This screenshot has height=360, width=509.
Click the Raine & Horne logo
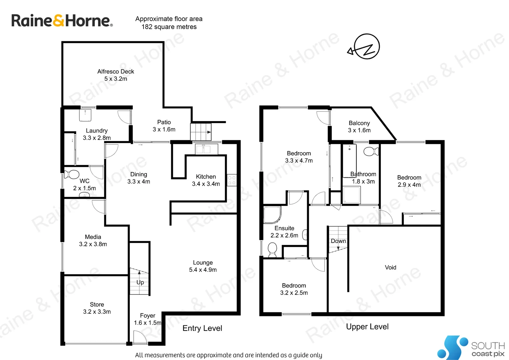pyautogui.click(x=62, y=21)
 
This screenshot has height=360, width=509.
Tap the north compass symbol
pyautogui.click(x=366, y=47)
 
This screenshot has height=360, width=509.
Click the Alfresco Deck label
pyautogui.click(x=116, y=72)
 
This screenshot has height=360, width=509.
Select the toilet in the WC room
pyautogui.click(x=72, y=174)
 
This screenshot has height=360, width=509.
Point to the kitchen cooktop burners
pyautogui.click(x=232, y=180)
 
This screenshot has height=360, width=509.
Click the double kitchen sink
pyautogui.click(x=206, y=149)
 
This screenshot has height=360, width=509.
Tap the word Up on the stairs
pyautogui.click(x=140, y=282)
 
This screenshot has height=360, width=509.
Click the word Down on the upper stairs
pyautogui.click(x=338, y=241)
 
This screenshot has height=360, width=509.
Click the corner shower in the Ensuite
pyautogui.click(x=272, y=215)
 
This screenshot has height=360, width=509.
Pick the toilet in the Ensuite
pyautogui.click(x=272, y=249)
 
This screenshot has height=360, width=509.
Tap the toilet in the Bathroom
pyautogui.click(x=370, y=152)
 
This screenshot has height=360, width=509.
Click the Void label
pyautogui.click(x=390, y=267)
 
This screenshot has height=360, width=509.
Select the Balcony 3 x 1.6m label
pyautogui.click(x=359, y=127)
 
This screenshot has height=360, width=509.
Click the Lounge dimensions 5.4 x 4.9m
pyautogui.click(x=203, y=270)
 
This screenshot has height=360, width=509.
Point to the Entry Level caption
pyautogui.click(x=202, y=328)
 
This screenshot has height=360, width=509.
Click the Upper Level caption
pyautogui.click(x=367, y=327)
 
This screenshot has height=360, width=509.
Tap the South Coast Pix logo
pyautogui.click(x=470, y=348)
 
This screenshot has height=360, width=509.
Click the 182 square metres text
pyautogui.click(x=169, y=27)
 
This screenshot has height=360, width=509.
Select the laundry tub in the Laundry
pyautogui.click(x=85, y=115)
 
